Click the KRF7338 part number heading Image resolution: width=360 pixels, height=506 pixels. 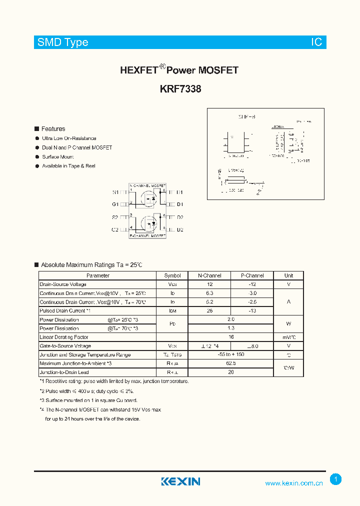coord(180,89)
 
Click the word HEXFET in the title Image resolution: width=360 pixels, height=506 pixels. coord(138,70)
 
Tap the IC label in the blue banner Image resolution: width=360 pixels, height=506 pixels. coord(316,42)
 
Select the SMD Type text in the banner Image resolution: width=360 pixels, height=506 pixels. coord(63,42)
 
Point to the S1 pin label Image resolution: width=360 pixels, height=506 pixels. coord(115,192)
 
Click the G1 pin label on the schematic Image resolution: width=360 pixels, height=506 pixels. coord(115,204)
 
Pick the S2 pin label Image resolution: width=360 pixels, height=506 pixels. coord(115,217)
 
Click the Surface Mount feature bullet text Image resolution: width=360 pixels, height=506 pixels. coord(58,157)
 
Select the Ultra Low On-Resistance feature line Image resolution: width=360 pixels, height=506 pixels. coord(69,138)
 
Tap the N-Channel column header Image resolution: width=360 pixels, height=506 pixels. coord(209,275)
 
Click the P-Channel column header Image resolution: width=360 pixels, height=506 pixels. coord(252,275)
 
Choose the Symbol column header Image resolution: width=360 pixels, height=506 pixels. coord(172,275)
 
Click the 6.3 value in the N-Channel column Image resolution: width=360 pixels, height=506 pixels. coord(209,293)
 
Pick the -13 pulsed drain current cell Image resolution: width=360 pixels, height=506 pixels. coord(252,310)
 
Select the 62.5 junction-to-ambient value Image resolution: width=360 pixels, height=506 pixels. coord(230,363)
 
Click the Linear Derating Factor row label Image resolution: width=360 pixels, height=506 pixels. coord(64,337)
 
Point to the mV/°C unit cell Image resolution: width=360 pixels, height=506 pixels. coord(288,337)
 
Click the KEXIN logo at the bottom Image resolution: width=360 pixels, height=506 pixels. coord(180,481)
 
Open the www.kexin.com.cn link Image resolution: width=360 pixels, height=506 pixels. coord(294,483)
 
